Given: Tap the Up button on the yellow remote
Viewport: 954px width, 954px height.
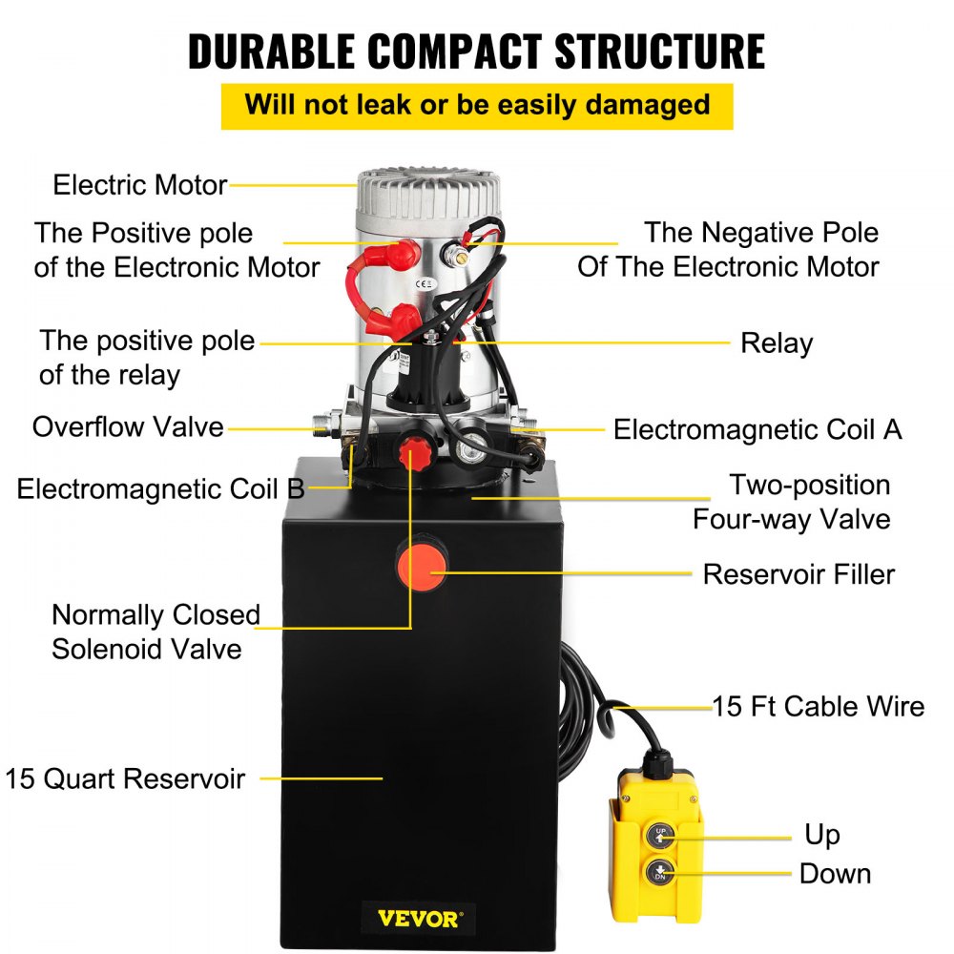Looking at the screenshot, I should (661, 835).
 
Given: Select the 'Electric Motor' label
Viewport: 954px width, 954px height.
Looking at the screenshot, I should (139, 184).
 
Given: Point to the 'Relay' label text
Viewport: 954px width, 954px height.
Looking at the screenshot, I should (776, 343).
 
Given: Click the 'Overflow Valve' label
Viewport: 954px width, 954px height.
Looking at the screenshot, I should (128, 426).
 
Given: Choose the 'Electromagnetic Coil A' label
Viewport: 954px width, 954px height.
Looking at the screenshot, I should (757, 429).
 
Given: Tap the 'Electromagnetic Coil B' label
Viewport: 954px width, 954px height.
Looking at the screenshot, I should (160, 489).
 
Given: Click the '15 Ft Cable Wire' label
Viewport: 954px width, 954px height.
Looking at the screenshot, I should (819, 706).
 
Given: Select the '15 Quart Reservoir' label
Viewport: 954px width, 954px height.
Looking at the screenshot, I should (125, 778).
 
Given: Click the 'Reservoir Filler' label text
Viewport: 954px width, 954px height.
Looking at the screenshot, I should (798, 574).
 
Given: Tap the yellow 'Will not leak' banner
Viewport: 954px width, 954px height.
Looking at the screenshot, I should (477, 105).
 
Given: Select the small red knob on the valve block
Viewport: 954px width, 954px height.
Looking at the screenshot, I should (413, 448).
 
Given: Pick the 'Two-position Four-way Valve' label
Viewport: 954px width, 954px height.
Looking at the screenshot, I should (791, 502).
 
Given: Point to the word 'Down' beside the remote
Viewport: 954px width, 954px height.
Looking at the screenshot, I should (835, 873).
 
